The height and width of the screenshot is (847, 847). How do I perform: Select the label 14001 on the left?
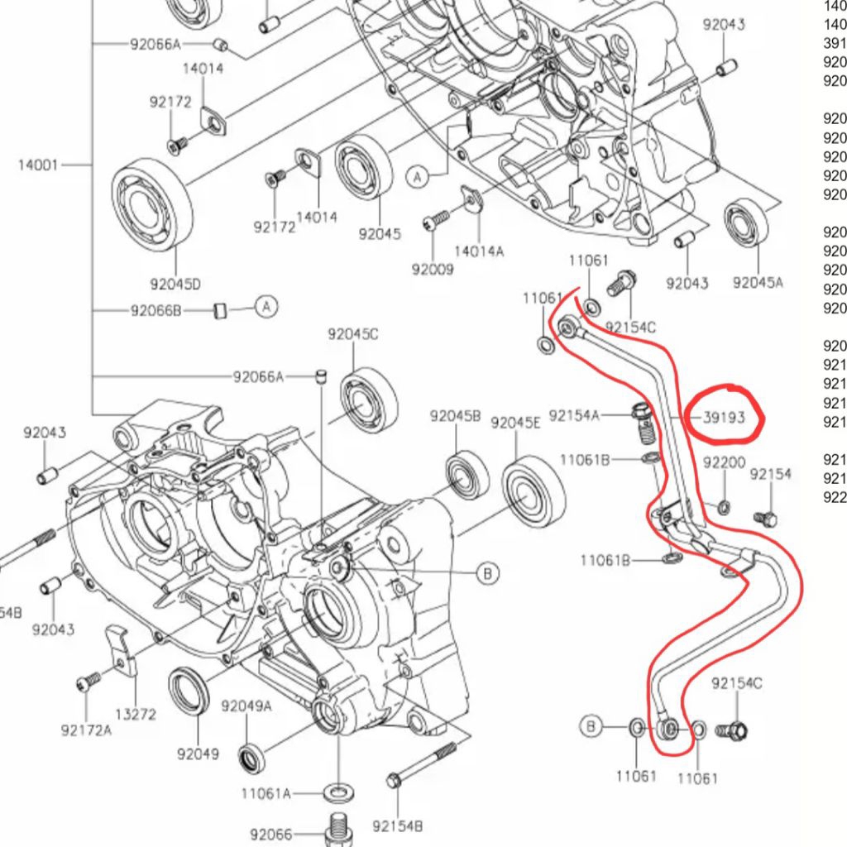(x=38, y=165)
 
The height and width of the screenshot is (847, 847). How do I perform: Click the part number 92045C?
(x=352, y=334)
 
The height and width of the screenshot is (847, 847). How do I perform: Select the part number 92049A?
(x=246, y=706)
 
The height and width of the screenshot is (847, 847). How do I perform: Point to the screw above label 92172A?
(x=88, y=682)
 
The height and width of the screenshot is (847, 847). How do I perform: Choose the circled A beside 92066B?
(x=266, y=307)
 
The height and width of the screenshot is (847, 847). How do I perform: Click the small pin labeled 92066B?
(x=220, y=310)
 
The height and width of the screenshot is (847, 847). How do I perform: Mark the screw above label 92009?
(x=435, y=220)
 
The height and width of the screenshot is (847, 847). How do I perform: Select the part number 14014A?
(x=478, y=251)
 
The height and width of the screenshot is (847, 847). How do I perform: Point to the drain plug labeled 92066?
(x=337, y=830)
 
